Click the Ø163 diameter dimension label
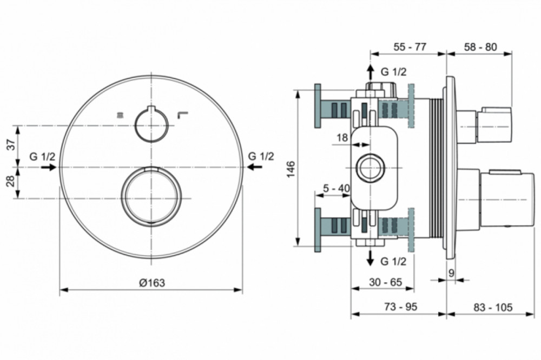152,283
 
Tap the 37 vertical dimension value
12,144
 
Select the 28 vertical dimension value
12,181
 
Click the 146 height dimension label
291,169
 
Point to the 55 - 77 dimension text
410,46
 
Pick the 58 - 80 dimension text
480,46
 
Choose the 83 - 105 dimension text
492,306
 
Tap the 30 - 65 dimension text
385,282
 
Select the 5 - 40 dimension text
337,188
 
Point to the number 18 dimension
342,138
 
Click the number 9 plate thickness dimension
451,273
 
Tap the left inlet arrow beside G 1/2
49,167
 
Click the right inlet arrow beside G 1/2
255,167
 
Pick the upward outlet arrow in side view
370,72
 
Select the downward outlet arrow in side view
370,258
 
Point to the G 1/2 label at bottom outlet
393,262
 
